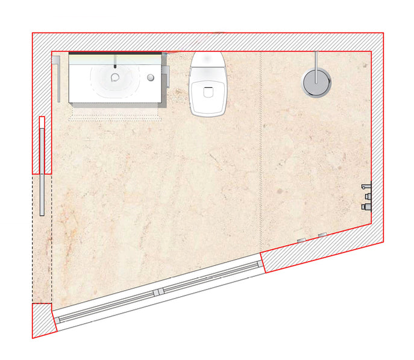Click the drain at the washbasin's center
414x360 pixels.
coord(114,77)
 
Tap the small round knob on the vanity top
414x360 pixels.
coord(151,78)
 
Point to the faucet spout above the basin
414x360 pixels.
coord(114,62)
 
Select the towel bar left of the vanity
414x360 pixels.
coord(59,79)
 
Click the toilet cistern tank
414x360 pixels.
coord(208,60)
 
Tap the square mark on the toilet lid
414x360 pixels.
coord(208,93)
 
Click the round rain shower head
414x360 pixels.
coord(316,82)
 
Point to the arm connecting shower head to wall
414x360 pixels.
coord(316,61)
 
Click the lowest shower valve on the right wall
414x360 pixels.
coord(366,206)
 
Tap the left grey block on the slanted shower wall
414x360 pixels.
coord(301,240)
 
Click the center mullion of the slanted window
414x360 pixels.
coord(158,292)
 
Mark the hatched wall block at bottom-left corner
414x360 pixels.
coord(43,321)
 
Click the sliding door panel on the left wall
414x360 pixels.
coord(42,166)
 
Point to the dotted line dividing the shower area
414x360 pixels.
coord(260,151)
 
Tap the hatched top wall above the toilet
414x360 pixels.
coord(208,42)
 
